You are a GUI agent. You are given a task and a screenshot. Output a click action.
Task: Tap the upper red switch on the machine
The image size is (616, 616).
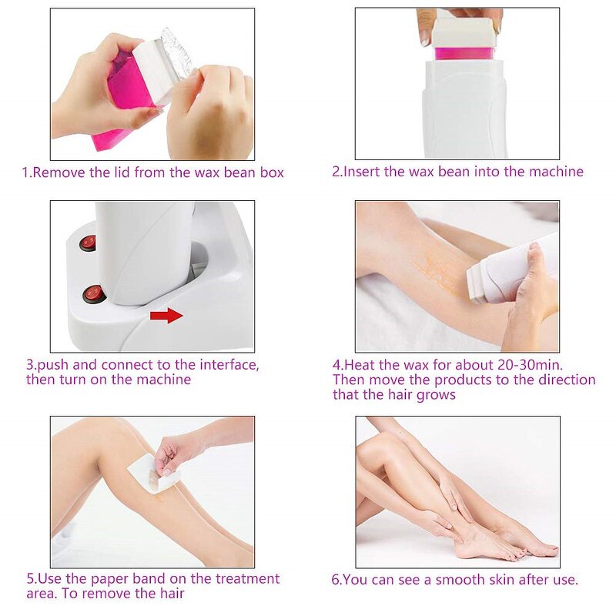coord(88,243)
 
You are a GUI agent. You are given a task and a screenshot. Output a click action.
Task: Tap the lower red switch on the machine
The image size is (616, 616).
coord(93,293)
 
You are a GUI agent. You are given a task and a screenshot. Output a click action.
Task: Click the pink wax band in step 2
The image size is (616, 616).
coord(464,53)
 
